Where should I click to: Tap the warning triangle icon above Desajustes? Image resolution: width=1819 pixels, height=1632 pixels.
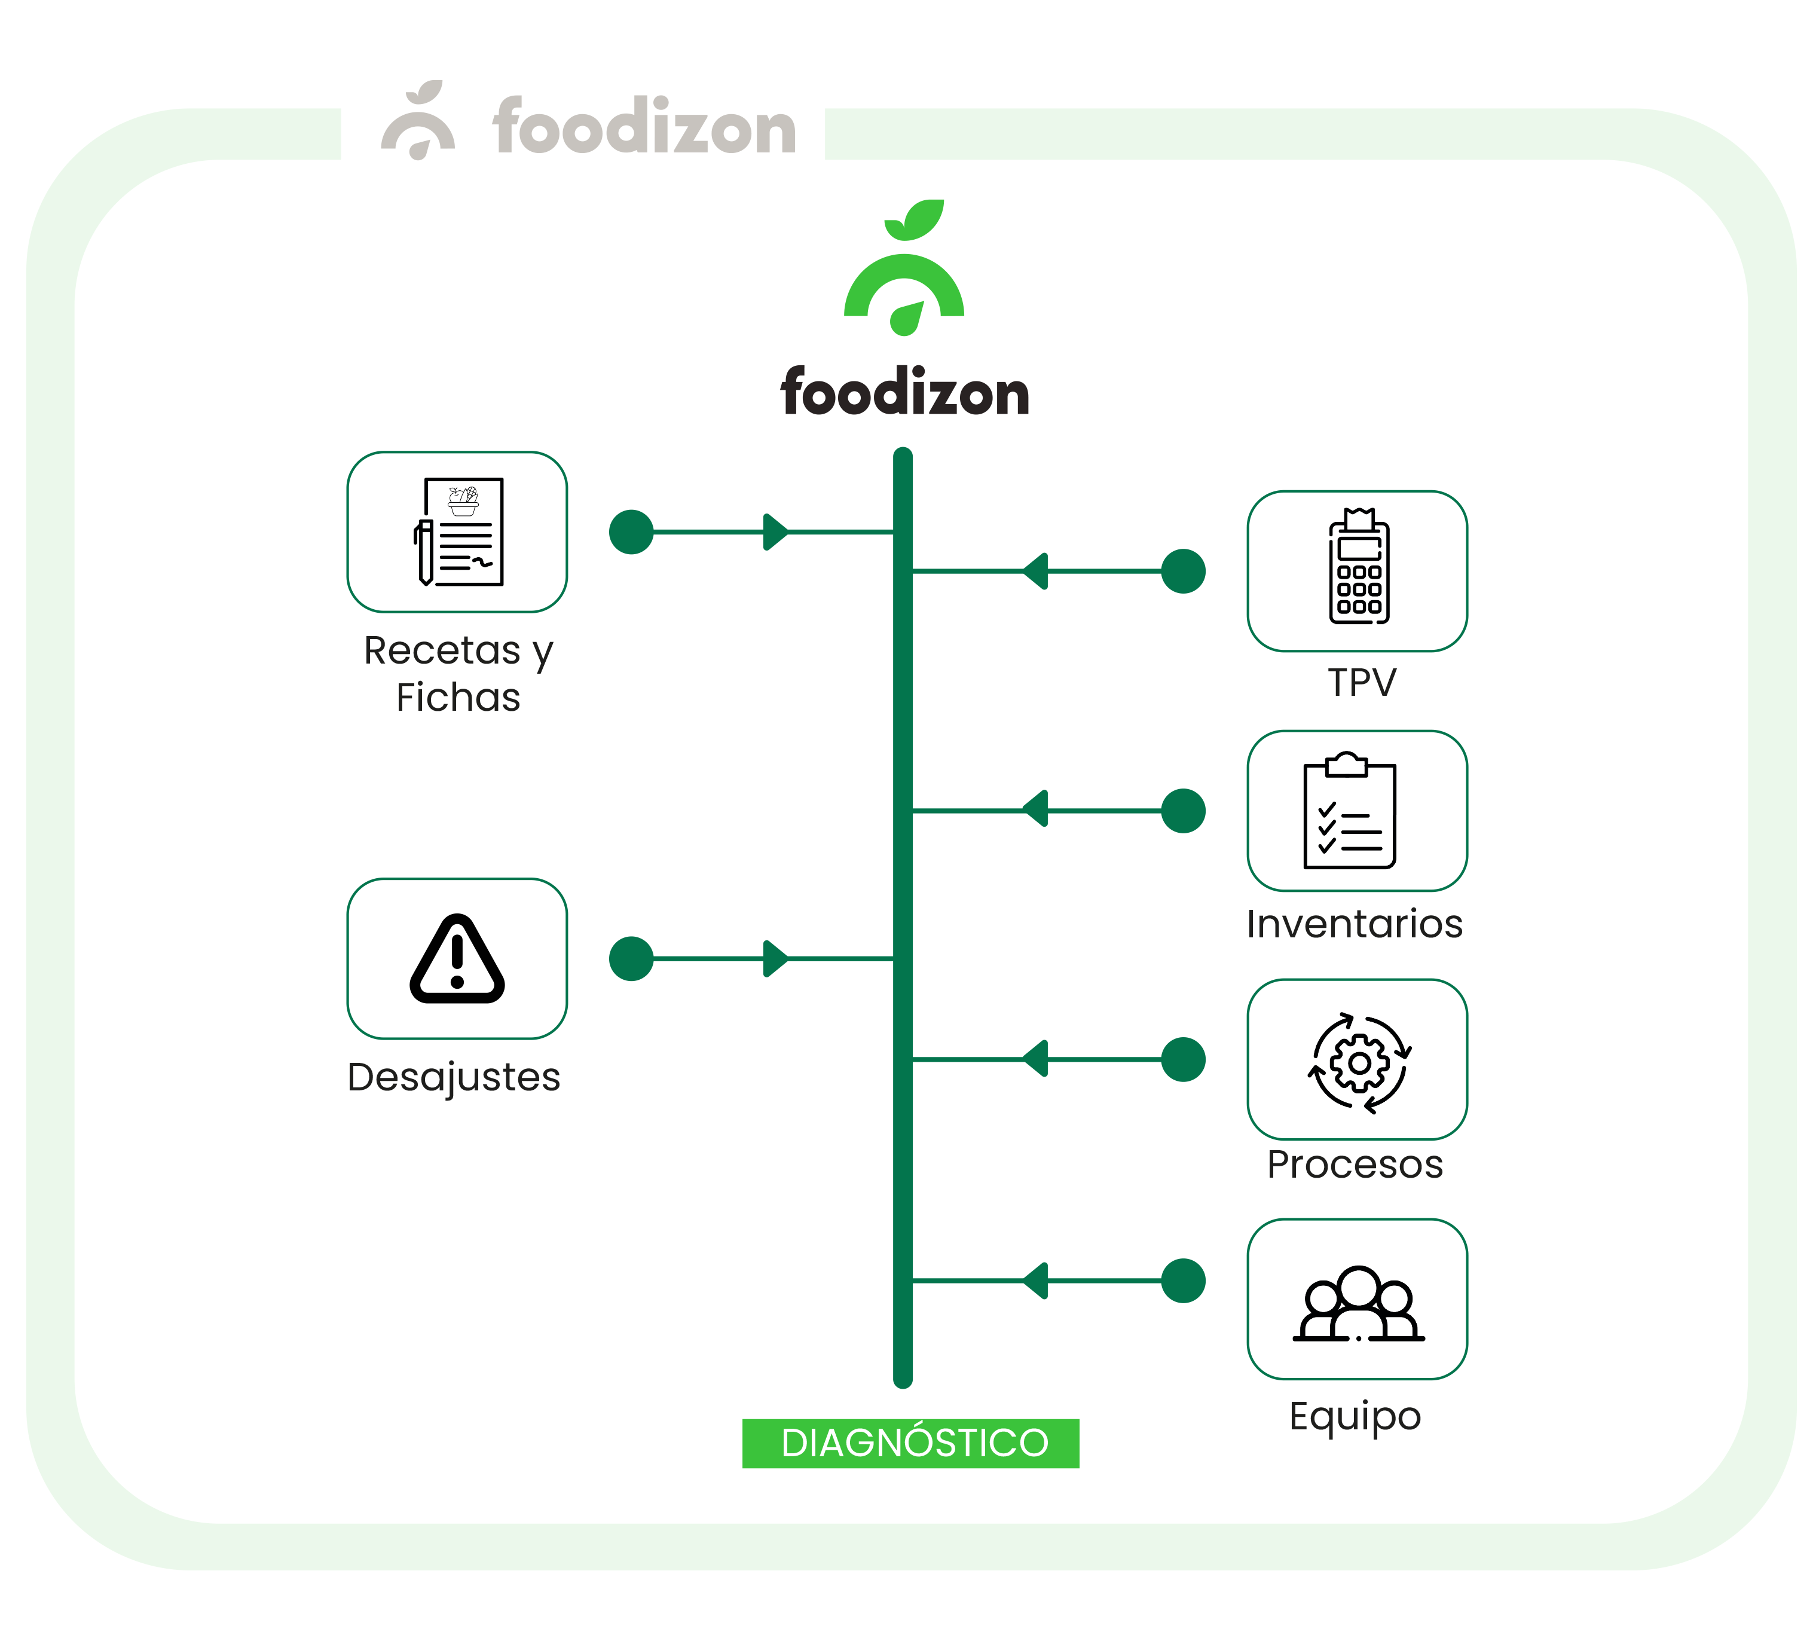(457, 959)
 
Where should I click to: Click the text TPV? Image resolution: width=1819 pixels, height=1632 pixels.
(1362, 683)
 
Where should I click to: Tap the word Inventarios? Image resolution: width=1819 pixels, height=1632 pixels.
(1354, 924)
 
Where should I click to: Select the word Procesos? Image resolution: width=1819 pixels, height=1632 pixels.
(1355, 1165)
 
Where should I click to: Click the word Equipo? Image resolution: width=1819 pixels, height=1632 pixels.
(1355, 1416)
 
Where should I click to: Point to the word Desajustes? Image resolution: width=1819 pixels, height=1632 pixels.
(454, 1078)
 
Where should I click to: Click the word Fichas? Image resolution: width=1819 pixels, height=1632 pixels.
(458, 698)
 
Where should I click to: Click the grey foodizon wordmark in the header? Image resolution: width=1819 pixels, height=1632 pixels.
(644, 128)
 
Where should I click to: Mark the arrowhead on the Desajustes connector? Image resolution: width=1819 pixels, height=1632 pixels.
(775, 959)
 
